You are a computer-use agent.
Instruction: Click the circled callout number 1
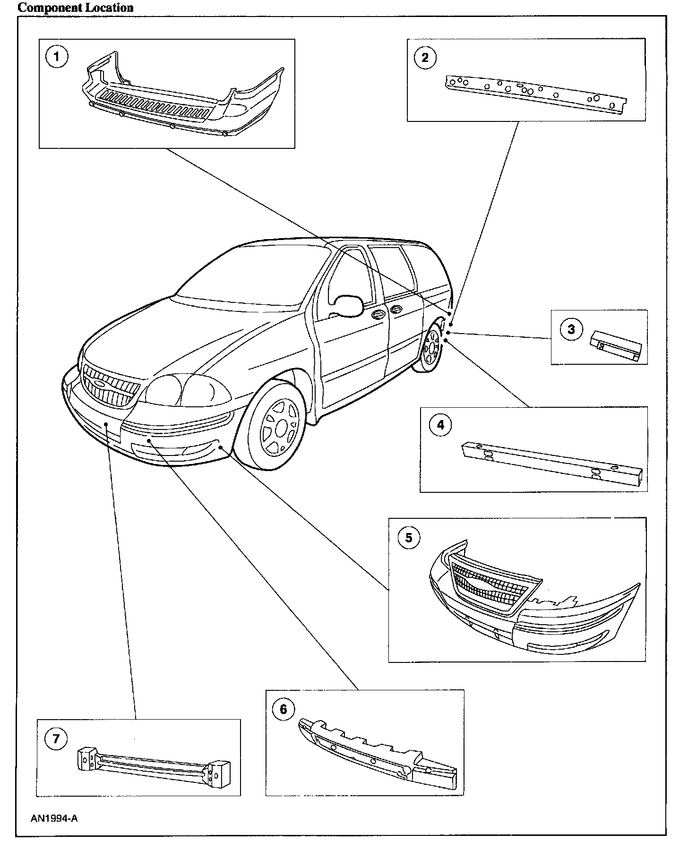(x=57, y=57)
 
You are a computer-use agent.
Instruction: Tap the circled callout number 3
(x=571, y=329)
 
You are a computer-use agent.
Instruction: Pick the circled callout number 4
(x=440, y=425)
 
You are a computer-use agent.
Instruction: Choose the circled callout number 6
(x=284, y=710)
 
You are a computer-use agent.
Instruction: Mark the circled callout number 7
(x=56, y=739)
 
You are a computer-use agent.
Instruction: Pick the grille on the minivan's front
(x=112, y=386)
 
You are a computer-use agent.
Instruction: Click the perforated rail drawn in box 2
(x=535, y=93)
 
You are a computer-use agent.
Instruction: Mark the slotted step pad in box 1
(x=156, y=106)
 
